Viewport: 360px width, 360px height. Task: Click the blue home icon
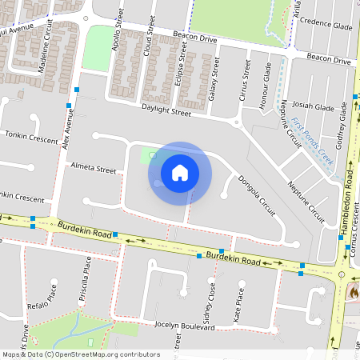tap(180, 172)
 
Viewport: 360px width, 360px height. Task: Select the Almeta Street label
tap(94, 170)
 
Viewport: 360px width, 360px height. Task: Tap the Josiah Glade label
tap(313, 107)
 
